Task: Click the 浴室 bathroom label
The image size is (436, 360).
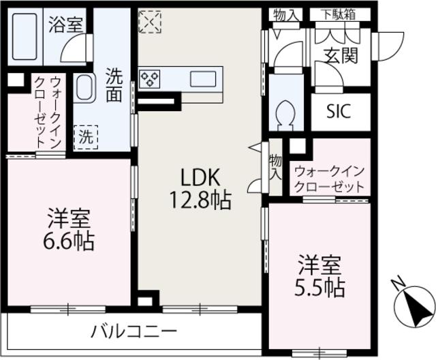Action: pos(65,25)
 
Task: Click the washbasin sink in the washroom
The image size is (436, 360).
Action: pos(85,89)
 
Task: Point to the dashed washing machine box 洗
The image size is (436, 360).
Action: pos(86,136)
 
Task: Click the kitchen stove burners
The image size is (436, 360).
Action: pos(149,78)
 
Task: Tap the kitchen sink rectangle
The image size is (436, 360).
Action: pos(203,78)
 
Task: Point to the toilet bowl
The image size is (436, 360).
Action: pos(286,113)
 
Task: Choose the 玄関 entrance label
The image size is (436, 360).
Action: pos(341,56)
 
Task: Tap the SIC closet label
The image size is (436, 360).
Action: pos(339,111)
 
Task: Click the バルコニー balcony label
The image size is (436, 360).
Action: pos(134,332)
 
